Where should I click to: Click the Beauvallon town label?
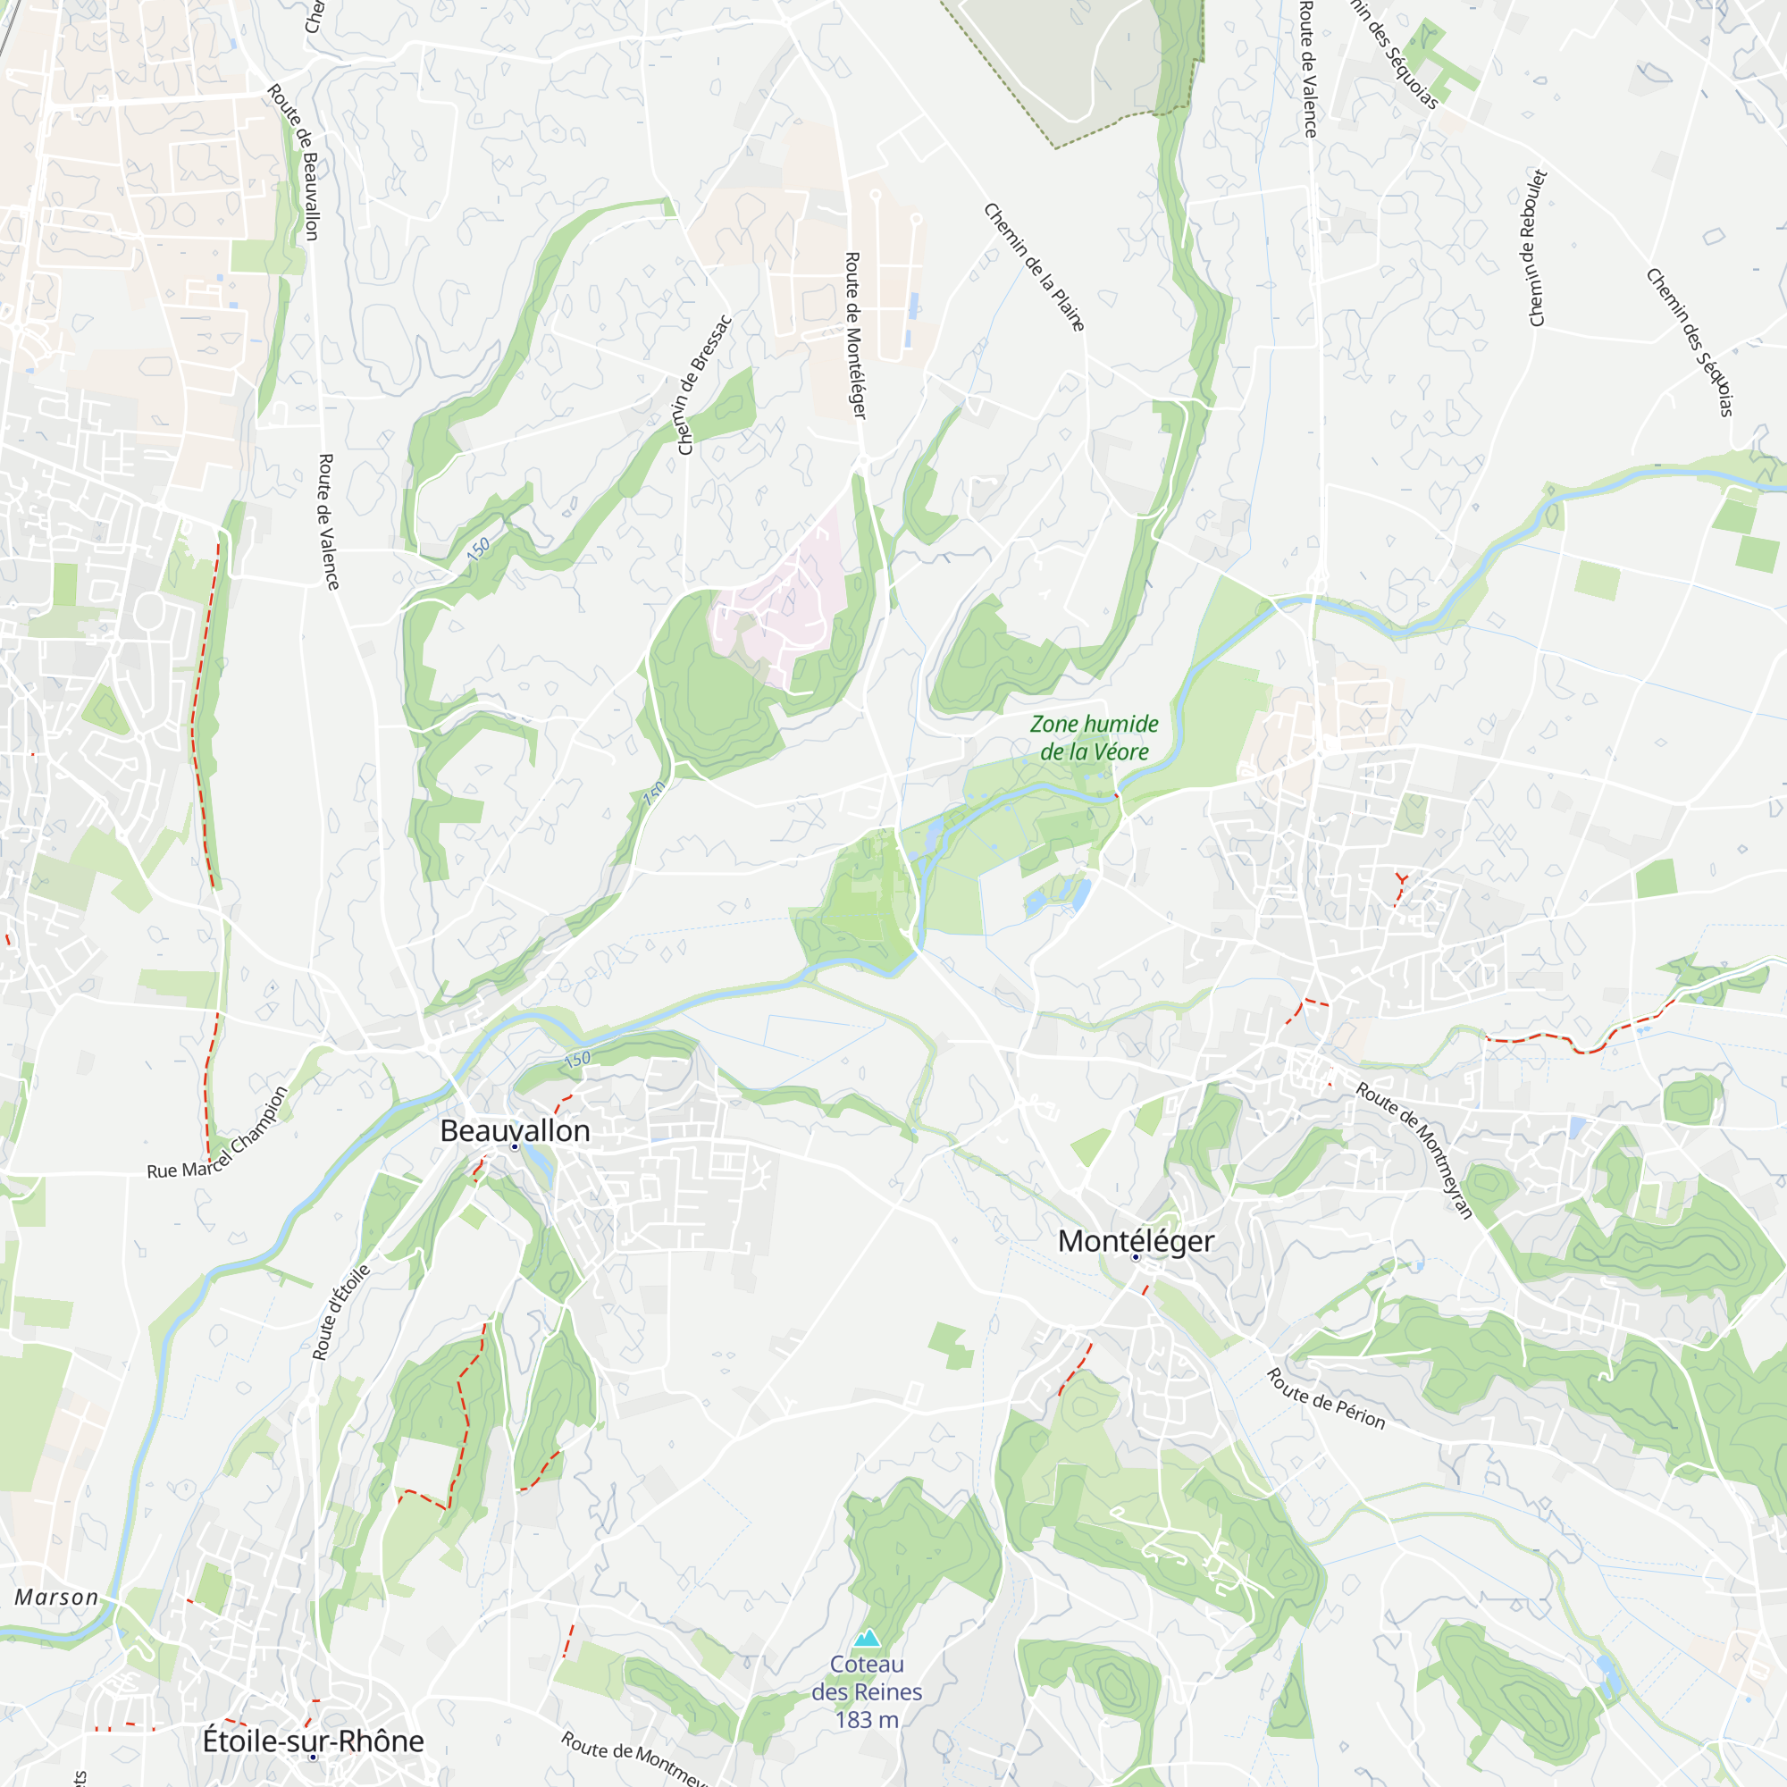pos(515,1130)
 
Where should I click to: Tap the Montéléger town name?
pos(1135,1241)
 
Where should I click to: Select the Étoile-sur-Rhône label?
pos(313,1741)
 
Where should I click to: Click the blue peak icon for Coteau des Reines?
pos(867,1639)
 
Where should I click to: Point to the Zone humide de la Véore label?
pos(1095,737)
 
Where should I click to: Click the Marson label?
pos(56,1598)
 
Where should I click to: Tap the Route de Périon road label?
pos(1325,1398)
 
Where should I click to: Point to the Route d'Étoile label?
pos(340,1313)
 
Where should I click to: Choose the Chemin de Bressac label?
pos(705,386)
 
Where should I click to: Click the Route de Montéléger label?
pos(856,335)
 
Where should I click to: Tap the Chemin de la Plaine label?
pos(1034,267)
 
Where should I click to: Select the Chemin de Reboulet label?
pos(1539,247)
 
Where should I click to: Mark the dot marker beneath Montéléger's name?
pos(1136,1257)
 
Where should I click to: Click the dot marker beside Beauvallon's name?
pos(516,1147)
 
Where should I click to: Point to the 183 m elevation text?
pos(867,1720)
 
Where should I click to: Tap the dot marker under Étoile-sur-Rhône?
pos(314,1757)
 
